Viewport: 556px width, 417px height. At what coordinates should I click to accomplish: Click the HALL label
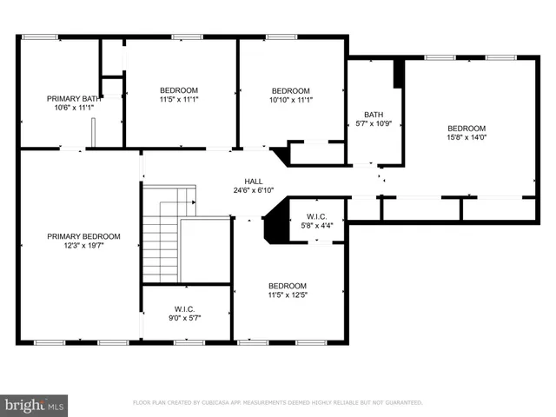point(254,182)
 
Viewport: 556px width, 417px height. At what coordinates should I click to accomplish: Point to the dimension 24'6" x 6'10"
point(254,190)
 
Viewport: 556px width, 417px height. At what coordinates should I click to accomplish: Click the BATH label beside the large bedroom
point(374,115)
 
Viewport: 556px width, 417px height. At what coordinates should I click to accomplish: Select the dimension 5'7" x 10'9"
point(374,123)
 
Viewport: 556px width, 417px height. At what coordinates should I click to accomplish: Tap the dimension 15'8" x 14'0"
point(467,137)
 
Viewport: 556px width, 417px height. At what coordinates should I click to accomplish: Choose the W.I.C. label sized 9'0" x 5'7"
point(184,309)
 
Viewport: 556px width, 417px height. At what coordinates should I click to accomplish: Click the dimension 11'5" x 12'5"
point(287,295)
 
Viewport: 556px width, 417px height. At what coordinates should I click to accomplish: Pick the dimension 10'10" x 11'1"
point(290,100)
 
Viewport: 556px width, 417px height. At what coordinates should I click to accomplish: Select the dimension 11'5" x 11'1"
point(179,99)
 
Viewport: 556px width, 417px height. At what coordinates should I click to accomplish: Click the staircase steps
point(161,239)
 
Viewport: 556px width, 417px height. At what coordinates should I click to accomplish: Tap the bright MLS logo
point(35,404)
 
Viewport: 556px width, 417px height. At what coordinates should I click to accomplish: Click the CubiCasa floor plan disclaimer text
point(277,403)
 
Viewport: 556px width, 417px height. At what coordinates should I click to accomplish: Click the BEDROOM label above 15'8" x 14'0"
point(467,129)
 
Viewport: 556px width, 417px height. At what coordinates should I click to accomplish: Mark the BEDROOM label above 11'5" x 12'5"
point(287,287)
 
